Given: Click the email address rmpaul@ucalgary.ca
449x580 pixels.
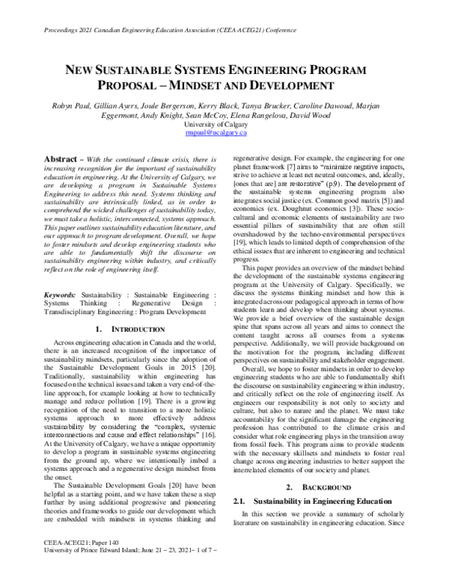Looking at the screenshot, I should tap(225, 133).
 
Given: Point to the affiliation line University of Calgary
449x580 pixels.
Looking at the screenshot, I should tap(225, 124).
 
